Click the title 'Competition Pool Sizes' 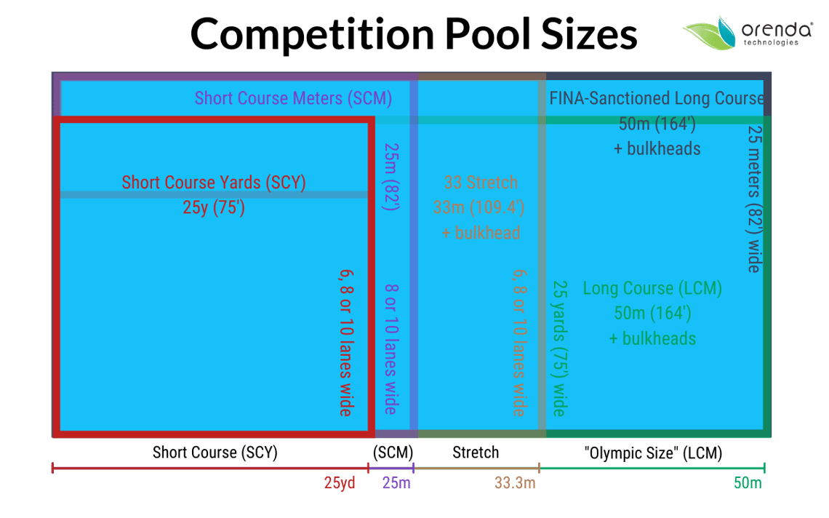(414, 34)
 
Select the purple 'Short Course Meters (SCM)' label (294, 98)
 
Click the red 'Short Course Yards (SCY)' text (214, 183)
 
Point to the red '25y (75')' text (214, 207)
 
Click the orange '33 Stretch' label (481, 183)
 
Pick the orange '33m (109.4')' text (478, 207)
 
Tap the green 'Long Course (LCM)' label (652, 288)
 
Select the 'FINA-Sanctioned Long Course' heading (657, 98)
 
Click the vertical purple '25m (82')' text (391, 177)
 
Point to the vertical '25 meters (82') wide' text (754, 199)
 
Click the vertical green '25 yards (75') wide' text (560, 348)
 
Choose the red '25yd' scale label (340, 483)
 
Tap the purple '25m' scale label (396, 483)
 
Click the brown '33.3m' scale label (515, 483)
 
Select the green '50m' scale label (748, 483)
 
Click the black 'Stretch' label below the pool (476, 453)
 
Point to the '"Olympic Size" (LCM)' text (653, 453)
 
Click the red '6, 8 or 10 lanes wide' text (346, 343)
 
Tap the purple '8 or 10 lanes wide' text (391, 349)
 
